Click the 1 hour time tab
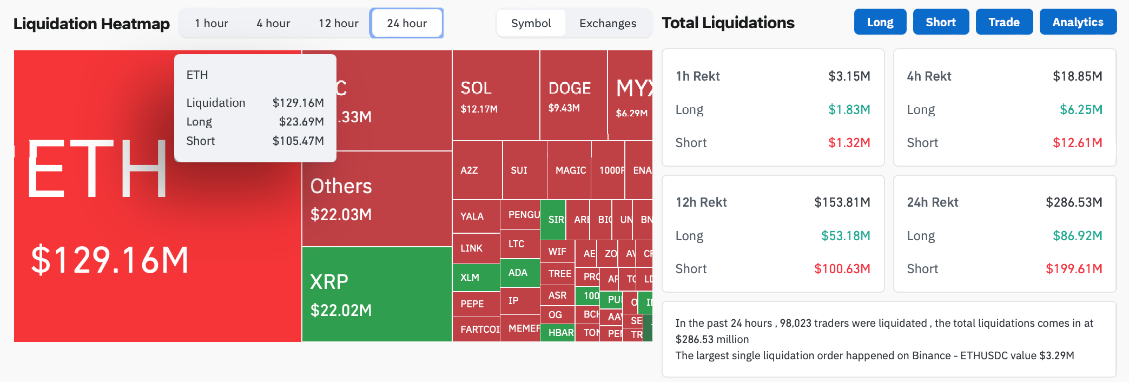pyautogui.click(x=212, y=23)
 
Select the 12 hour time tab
pyautogui.click(x=338, y=23)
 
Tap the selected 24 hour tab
pyautogui.click(x=407, y=23)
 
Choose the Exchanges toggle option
pyautogui.click(x=608, y=23)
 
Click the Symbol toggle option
pyautogui.click(x=531, y=23)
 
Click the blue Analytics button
pyautogui.click(x=1078, y=22)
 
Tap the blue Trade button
pyautogui.click(x=1004, y=22)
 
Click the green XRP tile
pyautogui.click(x=376, y=295)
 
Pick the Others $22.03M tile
pyautogui.click(x=376, y=199)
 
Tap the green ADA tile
pyautogui.click(x=518, y=273)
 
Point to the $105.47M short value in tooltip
pyautogui.click(x=298, y=141)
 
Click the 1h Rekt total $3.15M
pyautogui.click(x=849, y=76)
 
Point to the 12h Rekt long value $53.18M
pyautogui.click(x=846, y=236)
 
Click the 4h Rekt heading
pyautogui.click(x=929, y=76)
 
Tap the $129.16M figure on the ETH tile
pyautogui.click(x=110, y=260)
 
